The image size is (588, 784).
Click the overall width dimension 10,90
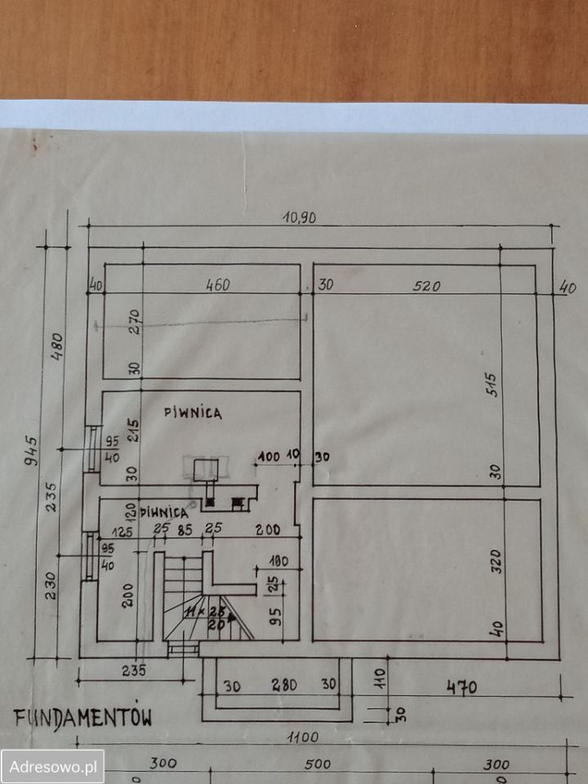[x=299, y=217]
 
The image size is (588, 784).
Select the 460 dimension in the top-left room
[x=217, y=285]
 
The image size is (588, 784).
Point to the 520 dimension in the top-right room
[x=426, y=286]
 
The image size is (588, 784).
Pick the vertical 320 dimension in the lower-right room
[x=497, y=561]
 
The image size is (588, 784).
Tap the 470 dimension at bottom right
[x=461, y=688]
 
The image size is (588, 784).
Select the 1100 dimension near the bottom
[x=302, y=737]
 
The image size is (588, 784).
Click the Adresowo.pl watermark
[x=52, y=767]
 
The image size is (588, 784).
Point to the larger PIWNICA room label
[x=192, y=413]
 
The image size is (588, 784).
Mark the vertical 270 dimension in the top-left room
[x=136, y=319]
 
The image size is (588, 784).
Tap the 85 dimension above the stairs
[x=185, y=529]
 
